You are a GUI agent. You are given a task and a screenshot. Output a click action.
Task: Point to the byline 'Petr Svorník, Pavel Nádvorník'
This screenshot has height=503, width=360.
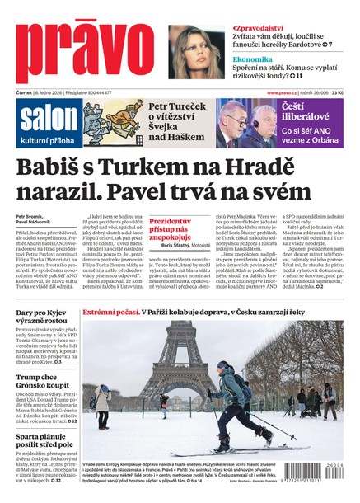tap(34, 220)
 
